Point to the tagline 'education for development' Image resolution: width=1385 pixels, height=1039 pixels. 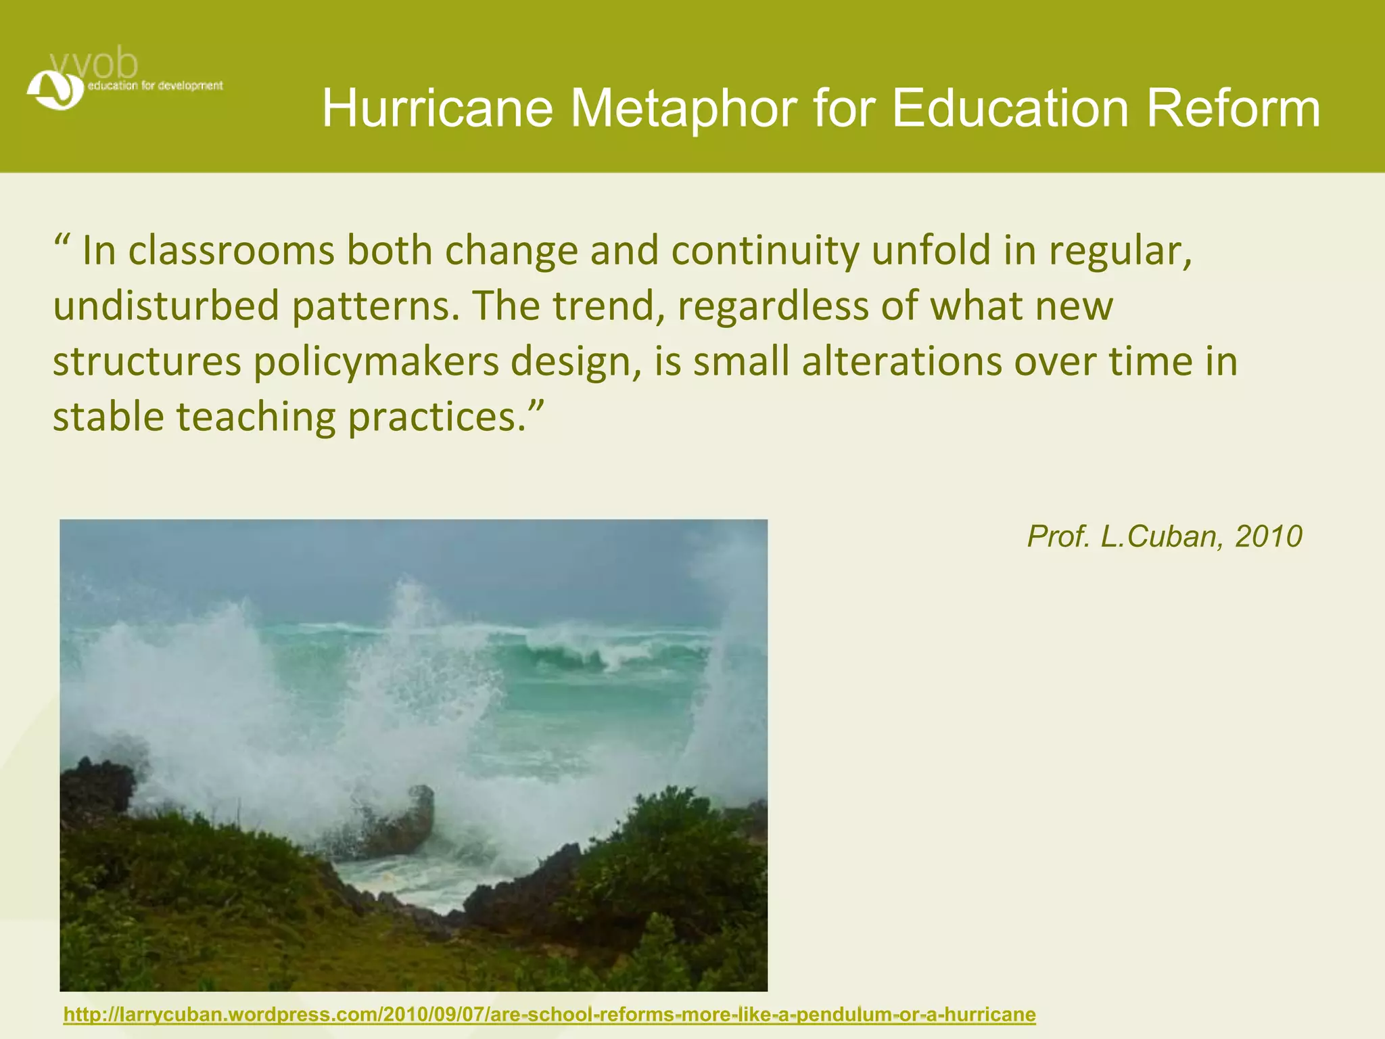pyautogui.click(x=155, y=86)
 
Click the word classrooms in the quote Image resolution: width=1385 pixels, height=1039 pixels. pyautogui.click(x=231, y=250)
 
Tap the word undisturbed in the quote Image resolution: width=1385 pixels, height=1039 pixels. pyautogui.click(x=166, y=306)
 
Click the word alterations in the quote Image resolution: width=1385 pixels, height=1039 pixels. pyautogui.click(x=901, y=361)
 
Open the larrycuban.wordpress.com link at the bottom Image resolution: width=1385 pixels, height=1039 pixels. pyautogui.click(x=549, y=1015)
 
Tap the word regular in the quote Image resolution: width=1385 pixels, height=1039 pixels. pyautogui.click(x=1119, y=252)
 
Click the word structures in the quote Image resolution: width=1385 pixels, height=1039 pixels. pyautogui.click(x=147, y=361)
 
